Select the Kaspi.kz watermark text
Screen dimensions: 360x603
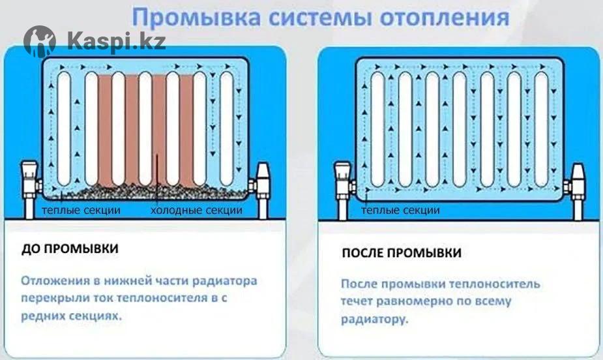(x=116, y=42)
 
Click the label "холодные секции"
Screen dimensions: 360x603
(x=196, y=211)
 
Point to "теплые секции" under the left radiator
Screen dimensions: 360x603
(x=81, y=211)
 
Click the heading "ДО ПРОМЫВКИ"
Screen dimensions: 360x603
(x=70, y=250)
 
